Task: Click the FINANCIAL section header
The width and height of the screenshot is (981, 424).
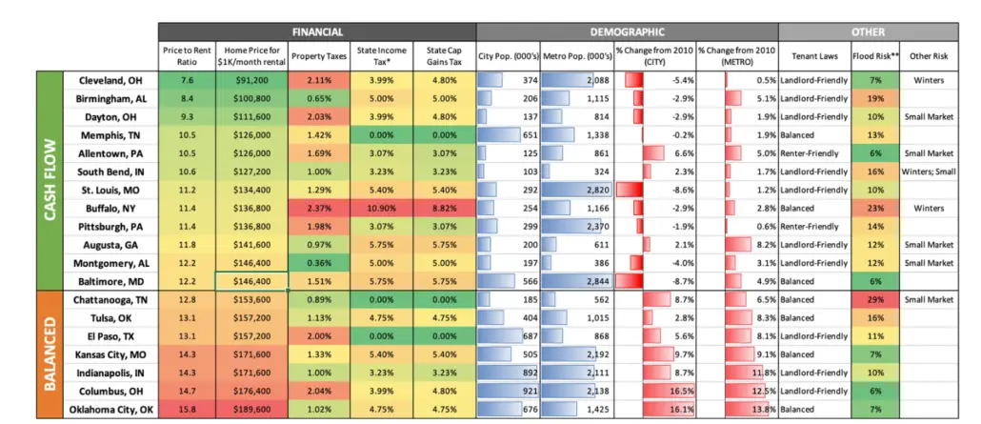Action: tap(317, 31)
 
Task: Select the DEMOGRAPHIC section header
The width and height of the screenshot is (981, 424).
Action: tap(626, 31)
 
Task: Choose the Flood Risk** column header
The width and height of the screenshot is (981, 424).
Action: tap(871, 55)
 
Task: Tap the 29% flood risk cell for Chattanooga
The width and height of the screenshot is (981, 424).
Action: tap(871, 300)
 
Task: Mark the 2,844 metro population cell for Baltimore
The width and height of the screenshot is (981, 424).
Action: tap(577, 281)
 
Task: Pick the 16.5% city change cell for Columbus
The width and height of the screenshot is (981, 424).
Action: tap(655, 392)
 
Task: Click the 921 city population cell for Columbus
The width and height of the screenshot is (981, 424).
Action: tap(508, 392)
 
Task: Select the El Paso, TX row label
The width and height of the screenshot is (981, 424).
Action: tap(116, 336)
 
